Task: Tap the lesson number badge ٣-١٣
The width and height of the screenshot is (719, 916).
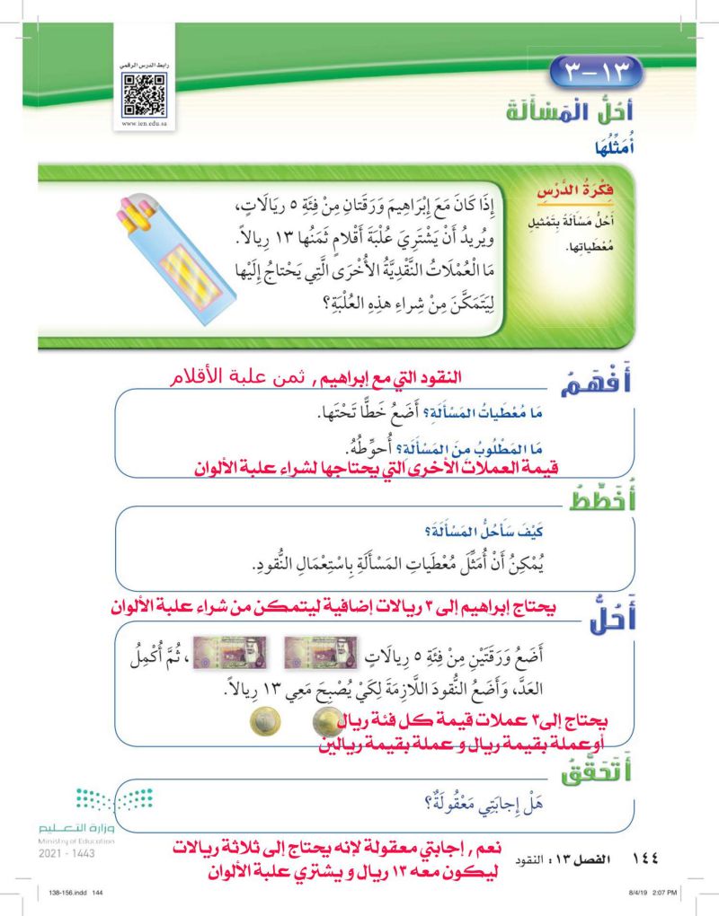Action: click(x=598, y=69)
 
